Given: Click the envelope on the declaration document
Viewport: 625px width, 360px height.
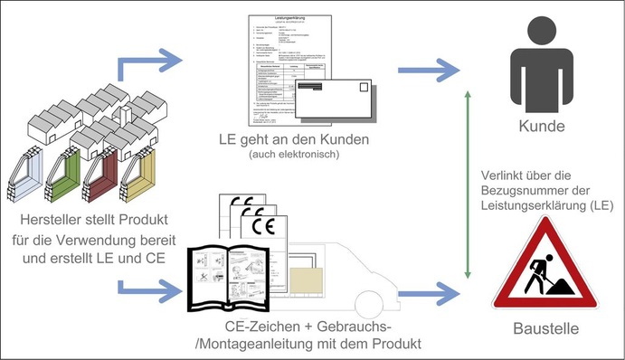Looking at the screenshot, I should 336,102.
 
